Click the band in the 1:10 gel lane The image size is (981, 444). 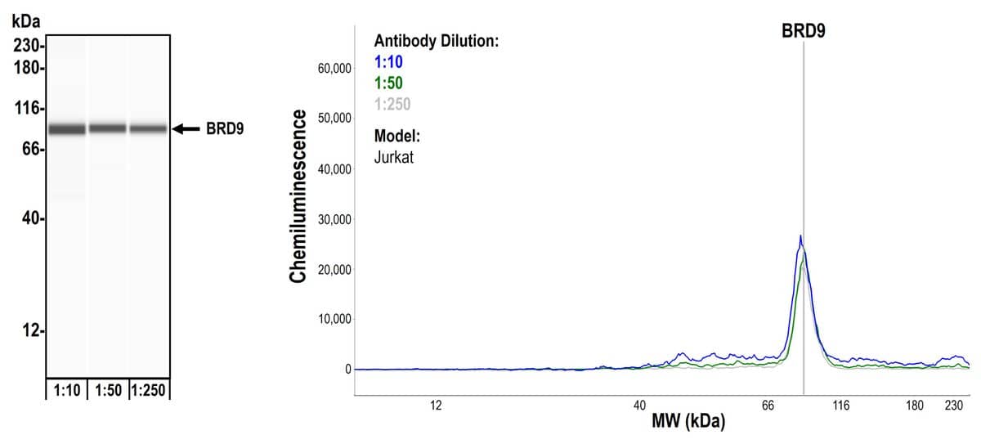[67, 128]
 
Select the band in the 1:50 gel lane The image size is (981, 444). [108, 128]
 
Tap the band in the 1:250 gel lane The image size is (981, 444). [148, 128]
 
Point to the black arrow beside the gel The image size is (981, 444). [186, 128]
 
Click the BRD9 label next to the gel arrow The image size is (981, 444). [225, 128]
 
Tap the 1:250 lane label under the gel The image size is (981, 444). [148, 391]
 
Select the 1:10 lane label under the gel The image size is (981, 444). [66, 391]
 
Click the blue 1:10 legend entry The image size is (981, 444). [388, 61]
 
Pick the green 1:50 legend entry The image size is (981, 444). [388, 82]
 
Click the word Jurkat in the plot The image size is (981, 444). [394, 157]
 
